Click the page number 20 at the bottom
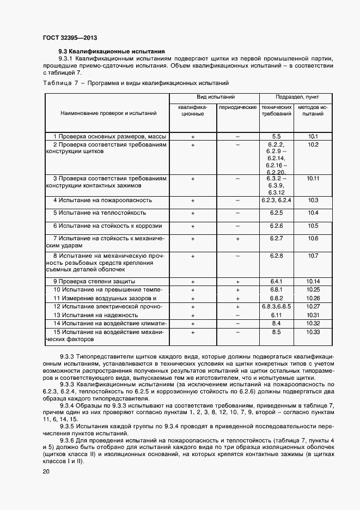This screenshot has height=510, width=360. coord(46,471)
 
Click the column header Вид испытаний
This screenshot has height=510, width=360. coord(215,96)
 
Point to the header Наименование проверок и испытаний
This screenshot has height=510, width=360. coord(109,113)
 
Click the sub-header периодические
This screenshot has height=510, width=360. coord(237,107)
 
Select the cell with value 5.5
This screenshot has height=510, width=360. coord(276,136)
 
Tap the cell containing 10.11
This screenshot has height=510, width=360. coord(313,178)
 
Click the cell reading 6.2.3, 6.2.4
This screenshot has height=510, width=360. coord(276,201)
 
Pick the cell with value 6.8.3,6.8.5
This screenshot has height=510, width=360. coord(276,307)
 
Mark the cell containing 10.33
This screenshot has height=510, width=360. coord(313,332)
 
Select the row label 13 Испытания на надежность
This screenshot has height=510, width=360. coord(95,315)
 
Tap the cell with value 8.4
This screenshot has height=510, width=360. coord(276,324)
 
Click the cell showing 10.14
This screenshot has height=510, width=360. coord(313,281)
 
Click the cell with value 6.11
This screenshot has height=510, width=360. coord(276,315)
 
